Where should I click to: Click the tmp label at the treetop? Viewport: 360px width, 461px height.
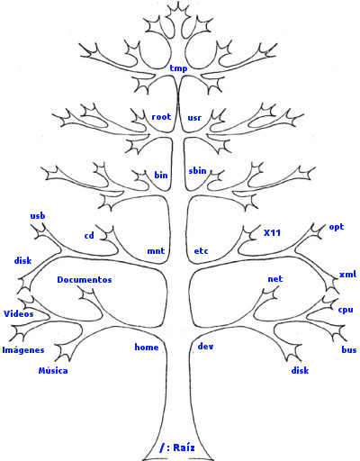(x=178, y=68)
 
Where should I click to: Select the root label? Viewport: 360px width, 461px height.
(x=161, y=117)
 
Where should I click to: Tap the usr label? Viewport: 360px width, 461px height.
(x=194, y=118)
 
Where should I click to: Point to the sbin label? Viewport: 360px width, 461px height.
(x=197, y=170)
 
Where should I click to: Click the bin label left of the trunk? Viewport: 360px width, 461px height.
(x=161, y=175)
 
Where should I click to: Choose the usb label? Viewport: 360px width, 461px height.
(x=38, y=215)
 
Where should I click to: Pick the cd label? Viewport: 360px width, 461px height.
(x=89, y=236)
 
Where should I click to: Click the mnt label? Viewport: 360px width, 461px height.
(x=156, y=251)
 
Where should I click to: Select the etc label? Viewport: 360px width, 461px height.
(x=201, y=251)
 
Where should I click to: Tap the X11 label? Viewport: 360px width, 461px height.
(x=272, y=233)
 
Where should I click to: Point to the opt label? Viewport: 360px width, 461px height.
(x=337, y=227)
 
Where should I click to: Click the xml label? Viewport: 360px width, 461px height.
(x=347, y=274)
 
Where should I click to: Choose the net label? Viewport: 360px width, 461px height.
(x=275, y=279)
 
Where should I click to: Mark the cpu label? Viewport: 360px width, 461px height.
(x=346, y=310)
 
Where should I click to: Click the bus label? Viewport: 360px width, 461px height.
(x=349, y=349)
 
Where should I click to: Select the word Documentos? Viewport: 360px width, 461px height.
(x=85, y=280)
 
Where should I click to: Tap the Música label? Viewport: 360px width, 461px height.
(x=53, y=370)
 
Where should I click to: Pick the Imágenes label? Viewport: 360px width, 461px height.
(x=23, y=350)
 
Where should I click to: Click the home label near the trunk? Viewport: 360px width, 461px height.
(x=147, y=348)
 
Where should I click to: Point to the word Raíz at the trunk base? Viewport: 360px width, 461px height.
(x=184, y=447)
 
